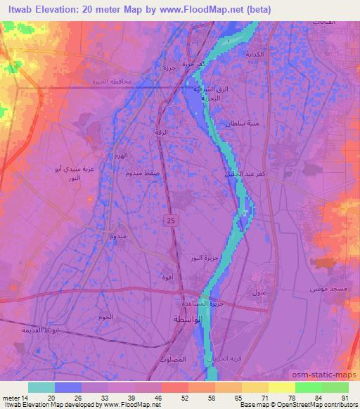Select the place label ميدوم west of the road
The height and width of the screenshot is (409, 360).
pos(117,237)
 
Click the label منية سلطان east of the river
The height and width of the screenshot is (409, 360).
pos(238,124)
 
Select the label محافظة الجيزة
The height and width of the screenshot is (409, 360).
pos(112,82)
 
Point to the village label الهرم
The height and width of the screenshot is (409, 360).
pos(123,156)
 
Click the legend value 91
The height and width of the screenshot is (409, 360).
pos(345,398)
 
